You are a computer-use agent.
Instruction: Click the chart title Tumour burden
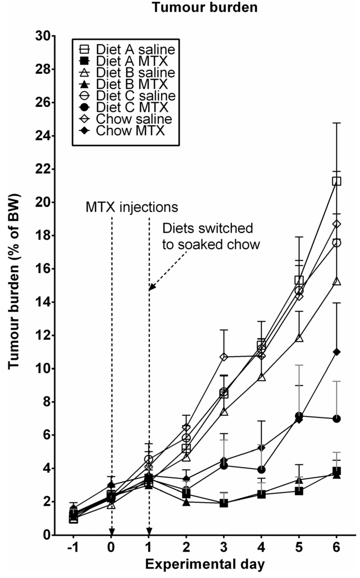205,7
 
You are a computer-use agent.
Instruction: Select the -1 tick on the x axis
73,548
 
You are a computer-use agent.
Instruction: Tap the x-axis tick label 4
261,548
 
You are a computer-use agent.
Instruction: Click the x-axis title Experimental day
205,565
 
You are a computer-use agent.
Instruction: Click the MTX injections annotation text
132,207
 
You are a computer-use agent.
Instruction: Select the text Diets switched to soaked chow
211,236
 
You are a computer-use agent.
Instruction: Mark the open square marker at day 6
336,182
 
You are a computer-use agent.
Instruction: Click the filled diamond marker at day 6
336,352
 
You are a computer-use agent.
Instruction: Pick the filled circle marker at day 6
336,419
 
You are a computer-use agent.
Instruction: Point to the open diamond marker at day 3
224,357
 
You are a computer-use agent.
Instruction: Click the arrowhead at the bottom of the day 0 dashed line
111,531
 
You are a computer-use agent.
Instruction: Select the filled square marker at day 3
224,503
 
